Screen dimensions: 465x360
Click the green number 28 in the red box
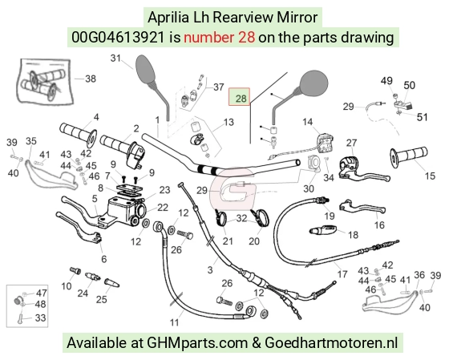[241, 99]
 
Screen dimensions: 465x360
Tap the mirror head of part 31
[145, 69]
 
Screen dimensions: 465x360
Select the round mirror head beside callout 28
[314, 83]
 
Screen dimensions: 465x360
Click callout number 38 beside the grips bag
[91, 79]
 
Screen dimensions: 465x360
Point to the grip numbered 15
[409, 156]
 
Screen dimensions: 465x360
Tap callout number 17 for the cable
[342, 274]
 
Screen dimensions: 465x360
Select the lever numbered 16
[362, 207]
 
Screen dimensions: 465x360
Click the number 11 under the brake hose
[175, 322]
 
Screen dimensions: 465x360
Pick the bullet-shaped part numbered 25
[111, 282]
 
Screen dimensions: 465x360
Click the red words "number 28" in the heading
[219, 38]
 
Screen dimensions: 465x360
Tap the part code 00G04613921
[118, 38]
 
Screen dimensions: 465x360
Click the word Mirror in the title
[297, 17]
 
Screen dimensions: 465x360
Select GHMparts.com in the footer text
[197, 343]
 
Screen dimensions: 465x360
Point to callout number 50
[409, 86]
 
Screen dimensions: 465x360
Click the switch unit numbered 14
[325, 144]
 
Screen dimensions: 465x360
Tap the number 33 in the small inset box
[40, 318]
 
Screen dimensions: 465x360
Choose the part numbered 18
[322, 229]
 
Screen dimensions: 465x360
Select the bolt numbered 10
[75, 270]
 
